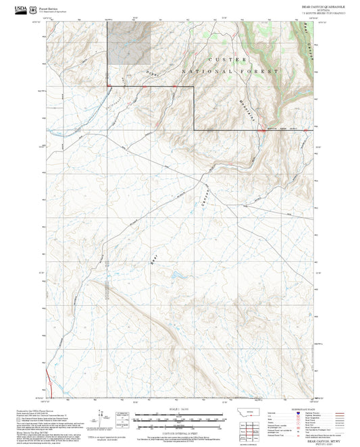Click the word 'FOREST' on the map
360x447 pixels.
tap(263, 71)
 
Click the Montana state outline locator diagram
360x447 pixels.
tap(253, 412)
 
